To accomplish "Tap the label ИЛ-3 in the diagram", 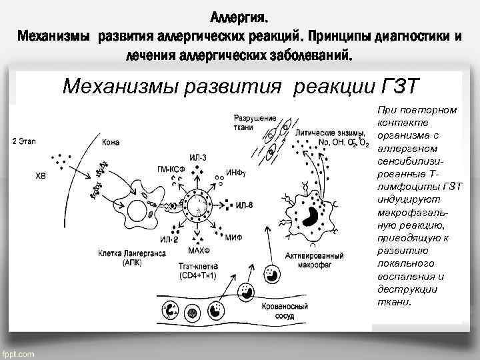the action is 198,157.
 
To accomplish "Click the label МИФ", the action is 234,237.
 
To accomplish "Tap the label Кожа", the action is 111,143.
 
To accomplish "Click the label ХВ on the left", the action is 41,176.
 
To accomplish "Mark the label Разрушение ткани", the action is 255,121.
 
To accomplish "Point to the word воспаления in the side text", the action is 401,277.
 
